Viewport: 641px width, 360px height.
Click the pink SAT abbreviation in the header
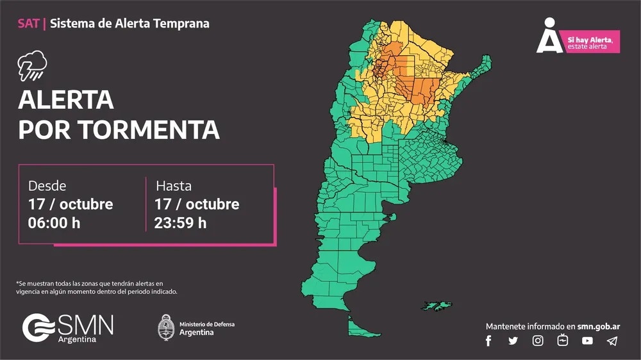click(x=28, y=24)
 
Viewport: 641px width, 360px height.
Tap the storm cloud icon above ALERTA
click(x=33, y=65)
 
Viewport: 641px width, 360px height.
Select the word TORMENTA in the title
click(x=150, y=129)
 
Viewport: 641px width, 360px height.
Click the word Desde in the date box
click(x=47, y=186)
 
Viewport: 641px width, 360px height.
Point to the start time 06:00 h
click(x=54, y=223)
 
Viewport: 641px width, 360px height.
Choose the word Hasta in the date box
click(x=174, y=186)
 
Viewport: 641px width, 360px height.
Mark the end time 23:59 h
click(x=180, y=223)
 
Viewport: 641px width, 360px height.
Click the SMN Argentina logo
click(x=68, y=327)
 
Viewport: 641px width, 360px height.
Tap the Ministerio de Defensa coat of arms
click(x=167, y=327)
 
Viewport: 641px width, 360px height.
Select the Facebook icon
click(x=488, y=341)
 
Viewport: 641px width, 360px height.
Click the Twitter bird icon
click(x=513, y=341)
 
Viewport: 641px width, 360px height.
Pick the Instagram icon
click(x=538, y=341)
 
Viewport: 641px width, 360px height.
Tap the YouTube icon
click(x=587, y=341)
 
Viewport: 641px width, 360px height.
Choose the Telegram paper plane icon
click(x=612, y=341)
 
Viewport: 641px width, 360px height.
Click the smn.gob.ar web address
click(x=599, y=326)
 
